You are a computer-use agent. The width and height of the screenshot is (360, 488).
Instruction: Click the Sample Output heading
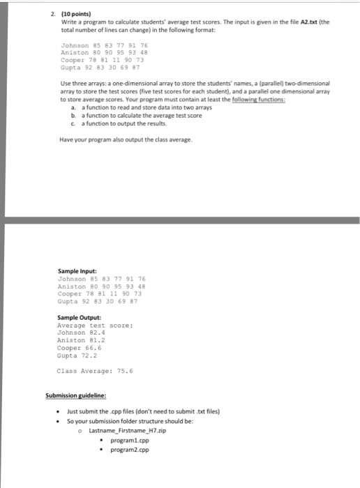78,318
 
